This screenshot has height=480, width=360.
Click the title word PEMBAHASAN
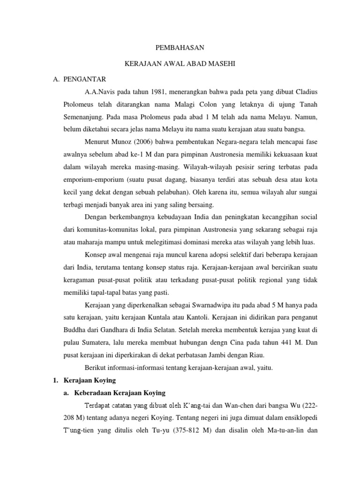pyautogui.click(x=180, y=48)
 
